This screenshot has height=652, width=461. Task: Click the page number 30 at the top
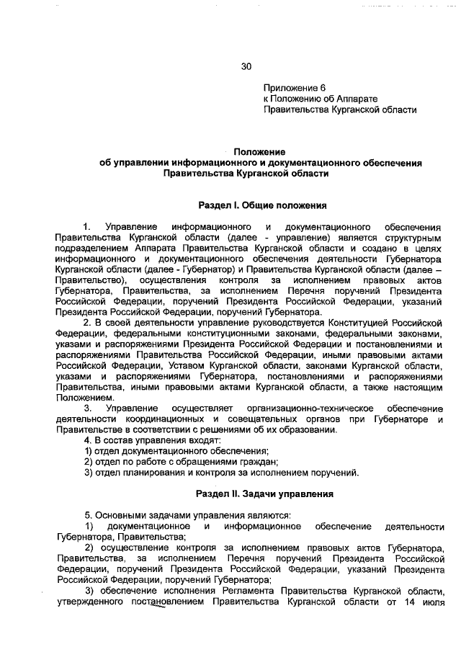pyautogui.click(x=246, y=67)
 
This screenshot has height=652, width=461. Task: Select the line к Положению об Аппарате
pyautogui.click(x=321, y=99)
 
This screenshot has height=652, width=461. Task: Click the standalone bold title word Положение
pyautogui.click(x=260, y=152)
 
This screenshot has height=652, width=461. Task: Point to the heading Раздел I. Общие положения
pyautogui.click(x=263, y=205)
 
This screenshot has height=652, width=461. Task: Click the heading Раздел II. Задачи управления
pyautogui.click(x=264, y=495)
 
